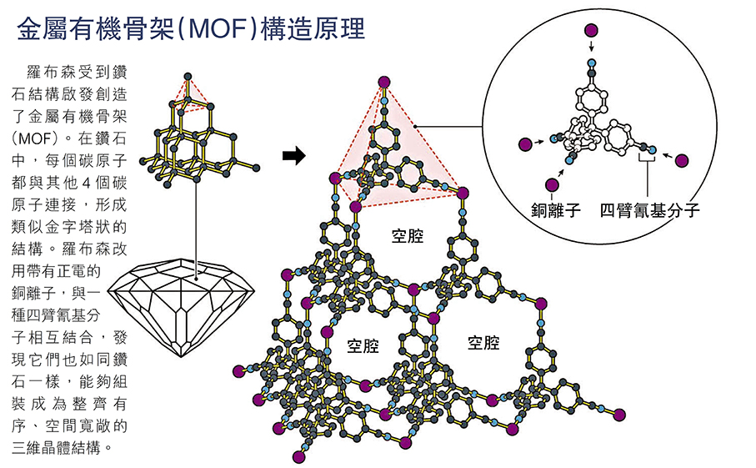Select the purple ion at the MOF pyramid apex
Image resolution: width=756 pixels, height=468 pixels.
[383, 81]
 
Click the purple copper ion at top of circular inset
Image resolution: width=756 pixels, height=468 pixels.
[592, 31]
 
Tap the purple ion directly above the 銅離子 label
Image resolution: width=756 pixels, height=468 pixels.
[551, 185]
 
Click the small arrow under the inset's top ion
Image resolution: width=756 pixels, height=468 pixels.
[592, 48]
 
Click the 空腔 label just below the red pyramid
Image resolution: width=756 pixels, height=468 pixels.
[408, 236]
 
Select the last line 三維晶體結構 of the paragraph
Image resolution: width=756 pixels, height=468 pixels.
[63, 449]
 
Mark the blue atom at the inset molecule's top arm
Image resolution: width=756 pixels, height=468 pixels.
[592, 63]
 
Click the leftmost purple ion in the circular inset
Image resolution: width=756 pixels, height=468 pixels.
[525, 144]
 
